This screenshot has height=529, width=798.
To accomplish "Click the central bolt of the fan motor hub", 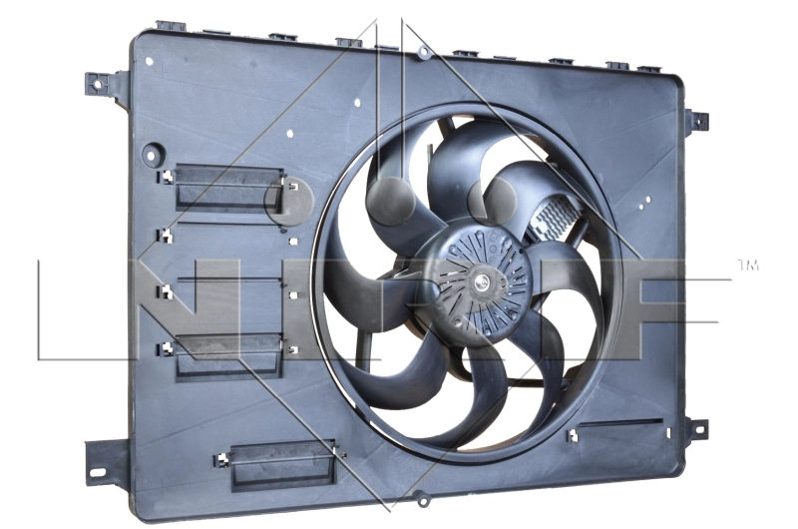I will [483, 281].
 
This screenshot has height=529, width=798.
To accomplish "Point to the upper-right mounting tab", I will [698, 120].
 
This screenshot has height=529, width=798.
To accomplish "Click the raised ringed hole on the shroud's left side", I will [153, 156].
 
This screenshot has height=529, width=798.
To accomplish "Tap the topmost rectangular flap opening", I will [229, 187].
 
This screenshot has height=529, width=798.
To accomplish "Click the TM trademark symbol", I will [747, 265].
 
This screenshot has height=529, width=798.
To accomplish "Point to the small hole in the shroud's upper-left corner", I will [149, 61].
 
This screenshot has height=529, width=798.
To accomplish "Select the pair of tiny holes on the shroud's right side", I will [650, 202].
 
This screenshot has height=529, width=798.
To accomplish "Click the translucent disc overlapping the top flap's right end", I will [288, 200].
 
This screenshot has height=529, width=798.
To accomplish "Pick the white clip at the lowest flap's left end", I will [222, 460].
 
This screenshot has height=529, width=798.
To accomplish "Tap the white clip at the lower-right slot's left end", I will [573, 436].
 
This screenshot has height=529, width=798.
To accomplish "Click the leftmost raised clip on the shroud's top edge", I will [172, 25].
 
